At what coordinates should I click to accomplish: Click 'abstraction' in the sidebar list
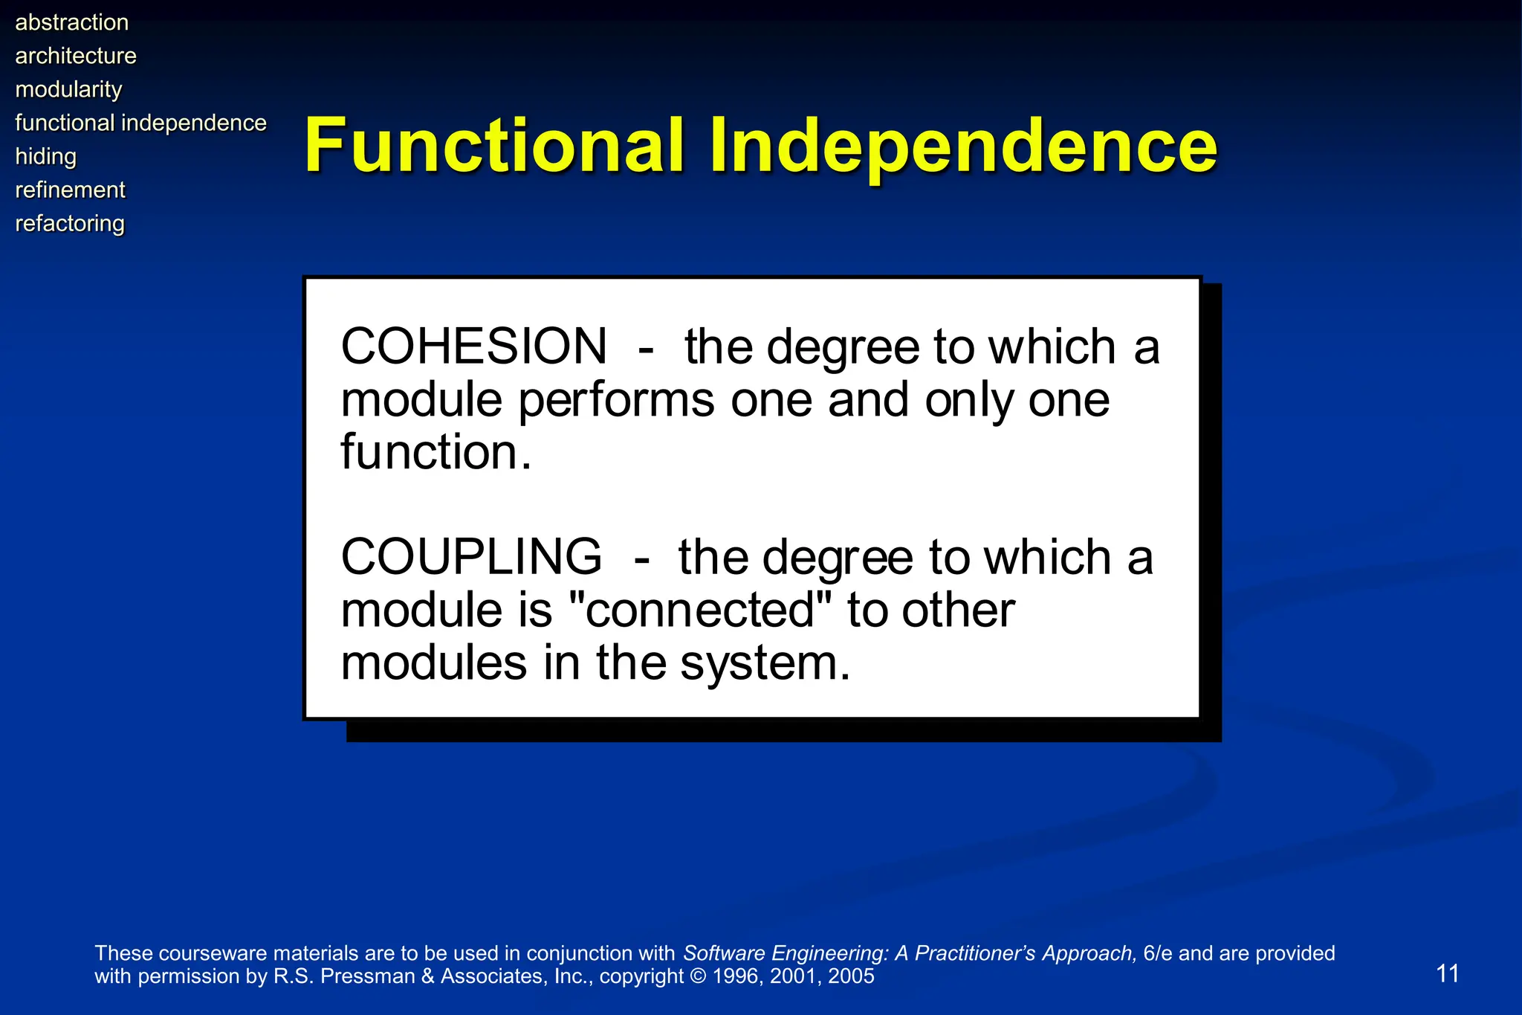click(x=71, y=22)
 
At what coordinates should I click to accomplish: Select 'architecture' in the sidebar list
click(x=76, y=56)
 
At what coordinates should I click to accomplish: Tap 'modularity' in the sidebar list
click(x=68, y=89)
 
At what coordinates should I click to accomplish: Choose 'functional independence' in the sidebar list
click(x=140, y=123)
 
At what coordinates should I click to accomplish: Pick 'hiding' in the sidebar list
click(x=46, y=156)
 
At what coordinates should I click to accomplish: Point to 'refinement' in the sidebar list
click(x=70, y=190)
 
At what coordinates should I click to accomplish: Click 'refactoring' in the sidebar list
click(x=70, y=223)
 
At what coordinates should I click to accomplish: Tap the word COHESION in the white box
click(x=473, y=347)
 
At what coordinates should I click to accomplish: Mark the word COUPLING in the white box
click(x=471, y=557)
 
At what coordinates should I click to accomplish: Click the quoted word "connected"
click(x=699, y=610)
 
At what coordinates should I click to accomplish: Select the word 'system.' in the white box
click(x=765, y=663)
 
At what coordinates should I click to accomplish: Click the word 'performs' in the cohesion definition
click(x=615, y=400)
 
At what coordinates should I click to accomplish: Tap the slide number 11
click(x=1447, y=973)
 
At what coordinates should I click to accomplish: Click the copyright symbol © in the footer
click(x=699, y=976)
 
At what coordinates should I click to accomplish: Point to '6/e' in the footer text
click(x=1157, y=953)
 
